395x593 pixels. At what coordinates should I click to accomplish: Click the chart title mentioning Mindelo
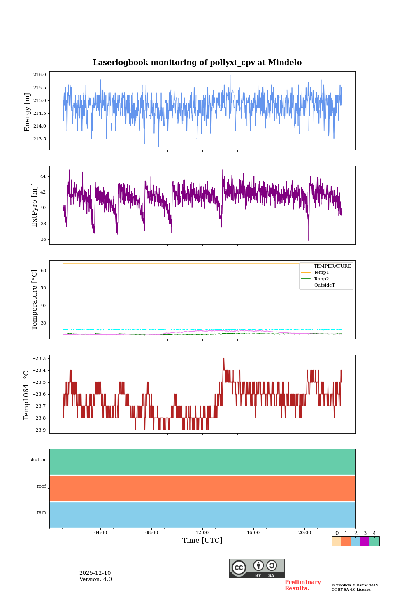[197, 63]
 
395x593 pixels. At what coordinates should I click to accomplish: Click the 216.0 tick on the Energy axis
[40, 75]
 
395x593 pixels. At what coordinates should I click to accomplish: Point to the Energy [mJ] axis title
[28, 111]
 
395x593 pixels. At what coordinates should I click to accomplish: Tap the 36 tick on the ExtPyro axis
[43, 239]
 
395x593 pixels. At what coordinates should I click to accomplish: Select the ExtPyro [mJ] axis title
[35, 205]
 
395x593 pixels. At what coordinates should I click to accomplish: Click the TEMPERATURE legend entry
[332, 266]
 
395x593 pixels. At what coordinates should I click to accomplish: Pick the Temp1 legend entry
[321, 273]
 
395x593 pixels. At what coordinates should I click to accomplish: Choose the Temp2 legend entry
[321, 279]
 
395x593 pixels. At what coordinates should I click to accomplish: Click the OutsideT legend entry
[324, 285]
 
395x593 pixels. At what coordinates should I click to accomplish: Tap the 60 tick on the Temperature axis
[43, 271]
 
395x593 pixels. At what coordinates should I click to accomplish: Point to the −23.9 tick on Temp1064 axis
[38, 430]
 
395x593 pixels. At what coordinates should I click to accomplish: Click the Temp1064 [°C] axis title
[27, 394]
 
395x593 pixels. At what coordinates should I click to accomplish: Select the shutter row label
[38, 460]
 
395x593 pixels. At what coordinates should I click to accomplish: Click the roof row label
[42, 486]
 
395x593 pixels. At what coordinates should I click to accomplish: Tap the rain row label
[42, 513]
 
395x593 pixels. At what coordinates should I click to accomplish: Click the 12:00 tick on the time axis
[202, 533]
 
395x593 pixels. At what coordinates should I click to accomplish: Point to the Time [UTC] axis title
[202, 541]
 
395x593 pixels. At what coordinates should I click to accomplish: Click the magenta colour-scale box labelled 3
[365, 541]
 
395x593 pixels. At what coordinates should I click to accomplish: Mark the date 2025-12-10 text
[95, 573]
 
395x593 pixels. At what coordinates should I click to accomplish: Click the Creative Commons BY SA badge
[257, 568]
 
